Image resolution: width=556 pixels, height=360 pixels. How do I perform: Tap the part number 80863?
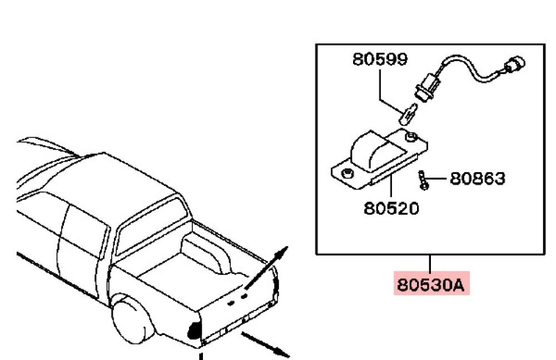coord(477,178)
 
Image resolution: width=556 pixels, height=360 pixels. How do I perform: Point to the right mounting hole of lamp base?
coord(411,137)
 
